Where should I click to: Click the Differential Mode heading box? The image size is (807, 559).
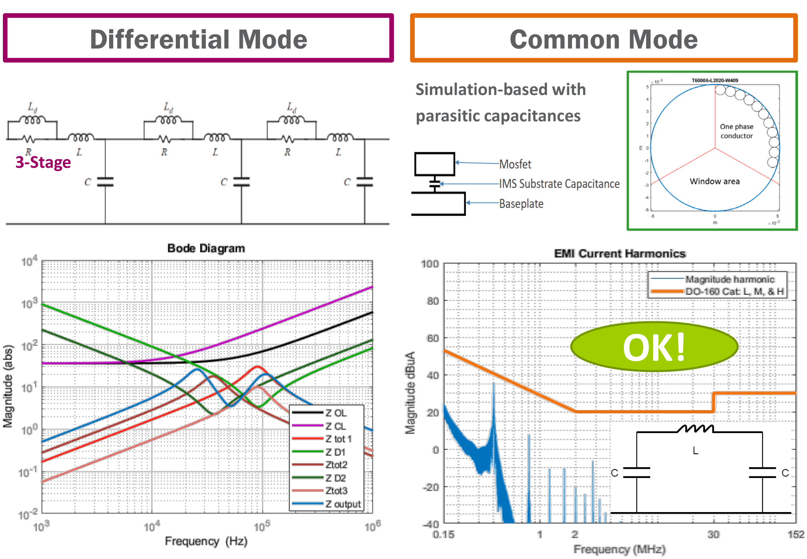(198, 39)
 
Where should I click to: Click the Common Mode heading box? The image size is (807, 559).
(603, 39)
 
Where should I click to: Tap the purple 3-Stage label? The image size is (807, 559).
(43, 162)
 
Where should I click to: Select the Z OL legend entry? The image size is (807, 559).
(335, 413)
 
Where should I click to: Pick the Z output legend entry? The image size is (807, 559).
(342, 504)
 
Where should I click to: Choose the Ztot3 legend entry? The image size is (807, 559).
(336, 491)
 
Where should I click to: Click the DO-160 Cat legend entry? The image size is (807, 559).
(734, 292)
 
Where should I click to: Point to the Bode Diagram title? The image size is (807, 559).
(206, 248)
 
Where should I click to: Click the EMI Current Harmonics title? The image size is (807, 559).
(620, 253)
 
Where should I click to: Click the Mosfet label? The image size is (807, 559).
(515, 164)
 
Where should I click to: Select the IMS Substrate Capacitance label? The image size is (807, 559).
(559, 184)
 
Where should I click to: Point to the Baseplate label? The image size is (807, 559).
(521, 204)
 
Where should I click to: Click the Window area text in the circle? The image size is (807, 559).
(714, 181)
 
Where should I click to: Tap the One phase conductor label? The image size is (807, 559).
(736, 131)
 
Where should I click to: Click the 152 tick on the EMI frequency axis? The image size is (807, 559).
(795, 534)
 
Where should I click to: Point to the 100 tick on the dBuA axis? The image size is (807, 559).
(430, 264)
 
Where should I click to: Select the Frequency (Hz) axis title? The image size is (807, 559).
(206, 541)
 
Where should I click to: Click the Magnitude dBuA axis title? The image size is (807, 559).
(410, 393)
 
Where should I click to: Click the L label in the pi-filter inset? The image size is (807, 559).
(695, 451)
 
